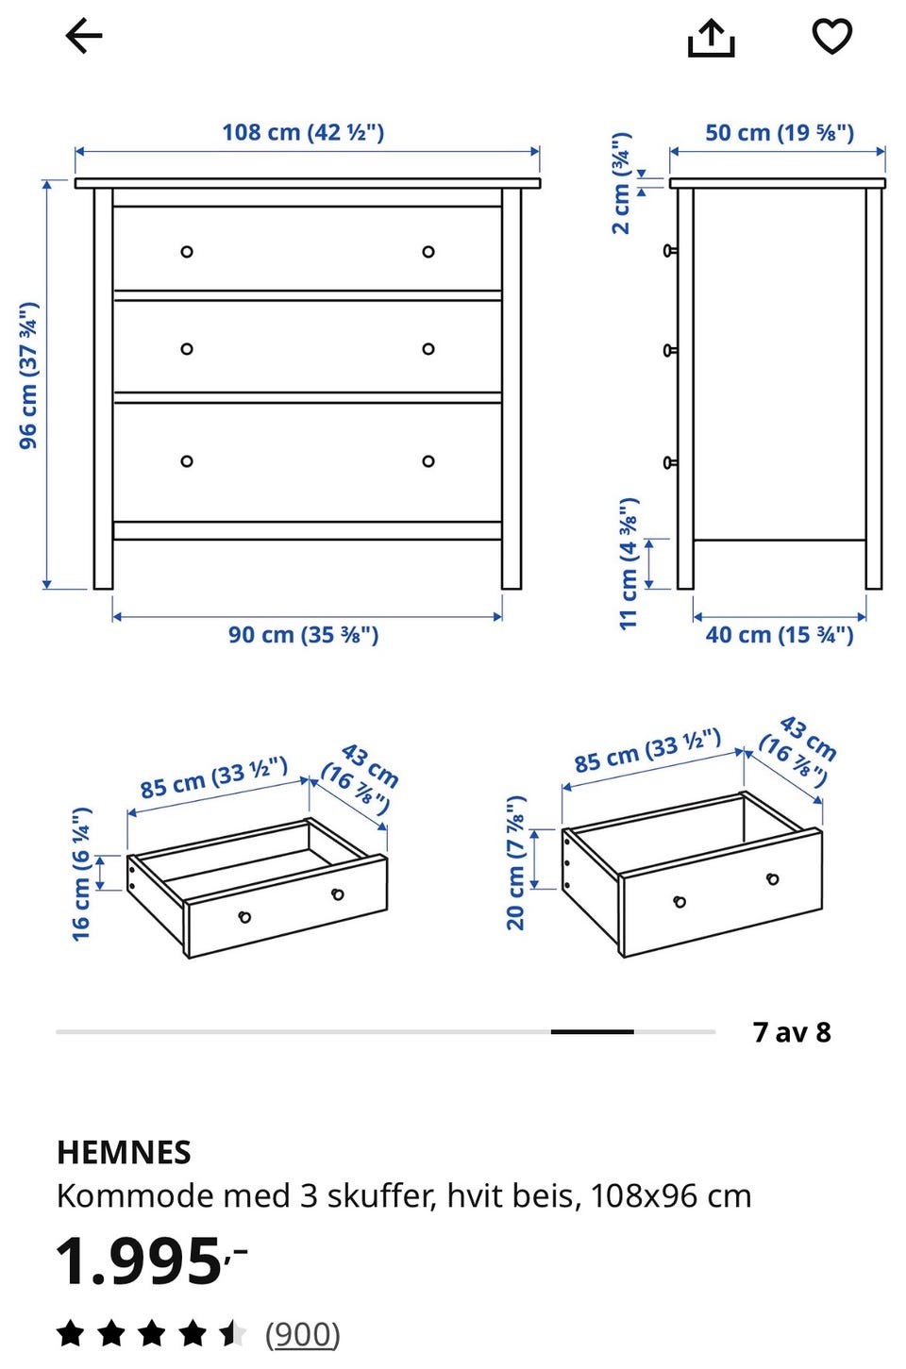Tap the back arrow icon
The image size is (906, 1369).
84,36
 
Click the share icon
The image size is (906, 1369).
711,38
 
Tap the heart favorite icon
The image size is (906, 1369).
832,36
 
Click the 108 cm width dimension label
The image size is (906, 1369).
303,132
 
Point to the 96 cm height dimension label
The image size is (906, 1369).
28,376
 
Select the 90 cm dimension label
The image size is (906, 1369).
304,634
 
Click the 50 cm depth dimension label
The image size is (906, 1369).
780,133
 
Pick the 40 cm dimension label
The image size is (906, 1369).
780,634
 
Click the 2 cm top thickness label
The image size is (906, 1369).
621,183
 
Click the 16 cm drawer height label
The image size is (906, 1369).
81,874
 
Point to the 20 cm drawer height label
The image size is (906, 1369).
516,863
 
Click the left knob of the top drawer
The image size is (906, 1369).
187,252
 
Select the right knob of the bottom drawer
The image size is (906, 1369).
428,461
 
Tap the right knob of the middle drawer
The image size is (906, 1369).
428,349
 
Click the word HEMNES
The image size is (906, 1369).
124,1153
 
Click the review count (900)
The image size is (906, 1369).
303,1334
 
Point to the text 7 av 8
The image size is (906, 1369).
793,1032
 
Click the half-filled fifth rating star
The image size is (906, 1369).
233,1333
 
